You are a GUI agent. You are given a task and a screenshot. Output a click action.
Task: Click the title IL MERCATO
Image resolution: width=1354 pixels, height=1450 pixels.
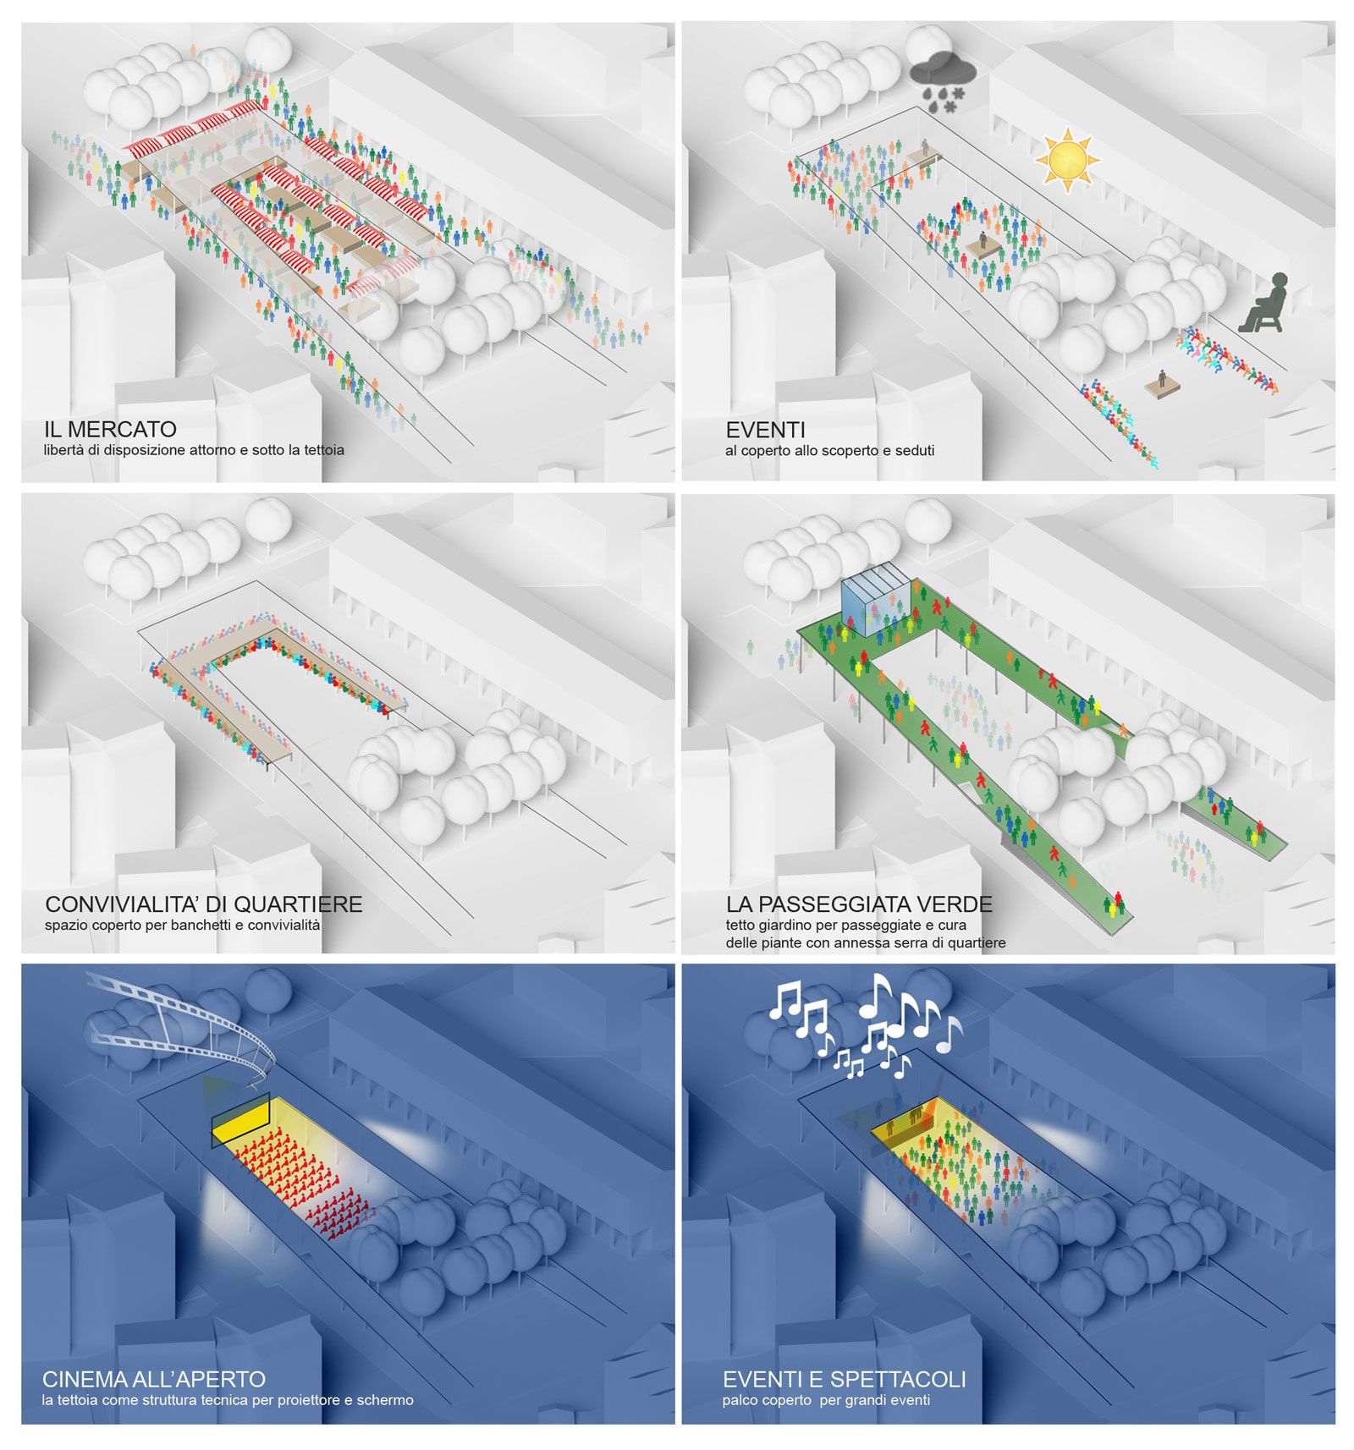click(x=110, y=429)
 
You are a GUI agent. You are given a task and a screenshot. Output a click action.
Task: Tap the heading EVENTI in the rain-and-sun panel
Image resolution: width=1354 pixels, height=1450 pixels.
click(x=765, y=430)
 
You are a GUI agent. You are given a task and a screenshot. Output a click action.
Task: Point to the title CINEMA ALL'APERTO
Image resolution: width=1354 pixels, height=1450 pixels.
click(x=154, y=1380)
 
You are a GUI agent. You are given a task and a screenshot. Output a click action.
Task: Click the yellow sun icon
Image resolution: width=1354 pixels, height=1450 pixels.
click(x=1066, y=160)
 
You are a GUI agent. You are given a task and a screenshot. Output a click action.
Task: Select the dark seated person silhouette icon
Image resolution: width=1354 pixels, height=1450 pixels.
click(x=1263, y=303)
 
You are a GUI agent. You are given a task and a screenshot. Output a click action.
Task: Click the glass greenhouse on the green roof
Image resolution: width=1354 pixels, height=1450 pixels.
click(x=877, y=607)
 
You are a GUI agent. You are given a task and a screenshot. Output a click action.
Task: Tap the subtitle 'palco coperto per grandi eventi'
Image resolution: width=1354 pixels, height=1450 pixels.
click(x=826, y=1400)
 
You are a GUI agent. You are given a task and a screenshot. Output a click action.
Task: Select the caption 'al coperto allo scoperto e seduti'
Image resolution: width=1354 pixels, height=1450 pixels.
click(x=829, y=451)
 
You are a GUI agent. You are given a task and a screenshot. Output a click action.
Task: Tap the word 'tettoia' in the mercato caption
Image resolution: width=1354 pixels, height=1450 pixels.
click(x=322, y=450)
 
